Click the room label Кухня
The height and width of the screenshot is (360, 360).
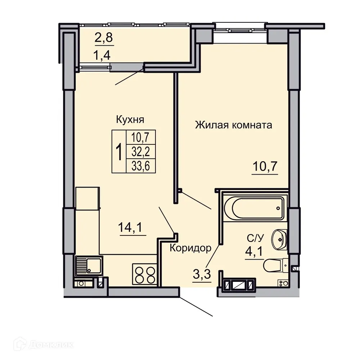click(x=130, y=119)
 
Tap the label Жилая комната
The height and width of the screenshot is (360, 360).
click(x=233, y=125)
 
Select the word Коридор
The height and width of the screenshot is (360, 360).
click(x=190, y=248)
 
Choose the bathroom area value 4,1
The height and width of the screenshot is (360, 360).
click(x=254, y=251)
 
